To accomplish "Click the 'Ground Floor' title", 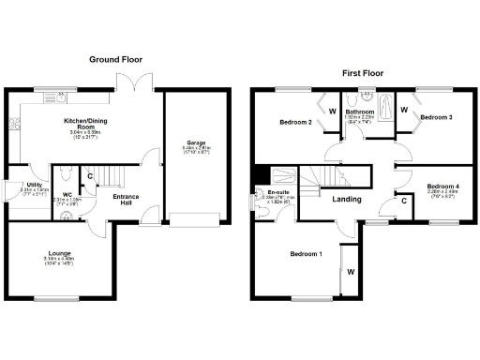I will pyautogui.click(x=115, y=59).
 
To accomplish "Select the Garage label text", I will pyautogui.click(x=196, y=143).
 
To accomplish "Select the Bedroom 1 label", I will pyautogui.click(x=305, y=254).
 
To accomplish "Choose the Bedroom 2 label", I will pyautogui.click(x=295, y=123).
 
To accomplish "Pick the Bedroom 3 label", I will pyautogui.click(x=436, y=117).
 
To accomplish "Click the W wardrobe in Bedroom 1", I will pyautogui.click(x=350, y=273).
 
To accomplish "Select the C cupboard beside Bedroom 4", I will pyautogui.click(x=402, y=200).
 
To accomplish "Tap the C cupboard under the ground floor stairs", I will pyautogui.click(x=89, y=176).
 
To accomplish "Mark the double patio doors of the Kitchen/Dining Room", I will pyautogui.click(x=138, y=82).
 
